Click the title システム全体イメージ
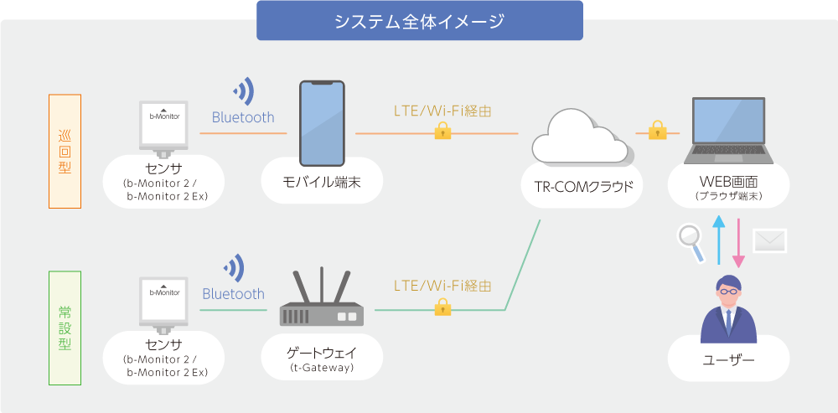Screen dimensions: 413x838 point(419,21)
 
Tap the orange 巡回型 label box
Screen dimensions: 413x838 point(65,151)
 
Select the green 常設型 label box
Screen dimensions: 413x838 point(65,328)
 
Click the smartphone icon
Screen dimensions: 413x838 point(323,123)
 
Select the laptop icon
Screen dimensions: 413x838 point(729,132)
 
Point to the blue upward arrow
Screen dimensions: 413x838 point(718,240)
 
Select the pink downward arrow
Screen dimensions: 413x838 point(740,241)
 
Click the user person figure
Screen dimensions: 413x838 point(728,308)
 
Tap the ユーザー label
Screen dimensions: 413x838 point(728,361)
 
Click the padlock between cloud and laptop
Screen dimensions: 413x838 point(657,130)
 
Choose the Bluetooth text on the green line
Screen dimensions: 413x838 point(233,294)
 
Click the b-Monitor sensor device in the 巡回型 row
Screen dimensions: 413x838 point(164,127)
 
